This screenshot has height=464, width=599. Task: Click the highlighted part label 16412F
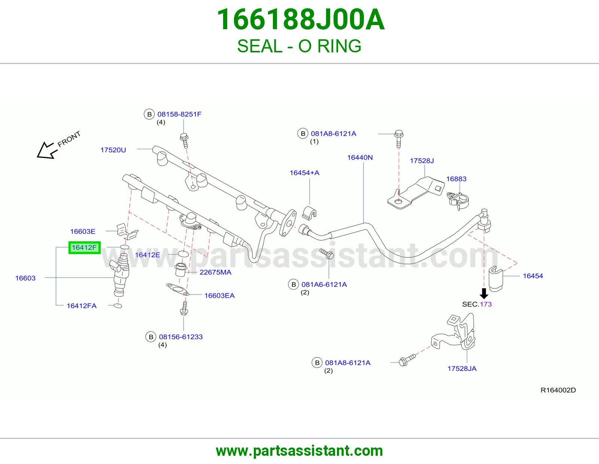(x=84, y=247)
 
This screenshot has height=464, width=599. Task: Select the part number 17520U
(x=113, y=150)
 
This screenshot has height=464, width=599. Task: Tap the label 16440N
(x=360, y=157)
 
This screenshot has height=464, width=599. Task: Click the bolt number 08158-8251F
(x=179, y=114)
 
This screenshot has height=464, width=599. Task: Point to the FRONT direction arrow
(x=47, y=150)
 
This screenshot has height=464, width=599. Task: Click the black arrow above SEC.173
(x=484, y=293)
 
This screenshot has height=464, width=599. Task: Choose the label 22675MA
(x=215, y=272)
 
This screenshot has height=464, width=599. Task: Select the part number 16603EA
(x=219, y=296)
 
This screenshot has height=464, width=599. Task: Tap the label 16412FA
(x=82, y=306)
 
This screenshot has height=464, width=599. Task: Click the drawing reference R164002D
(x=558, y=390)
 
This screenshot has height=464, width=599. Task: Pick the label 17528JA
(x=462, y=369)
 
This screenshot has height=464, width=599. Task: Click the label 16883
(x=456, y=179)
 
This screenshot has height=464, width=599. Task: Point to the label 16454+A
(x=304, y=173)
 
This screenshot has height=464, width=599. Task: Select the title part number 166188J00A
(x=301, y=19)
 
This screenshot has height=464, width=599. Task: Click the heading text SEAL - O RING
(x=299, y=46)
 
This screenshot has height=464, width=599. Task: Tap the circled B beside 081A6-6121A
(x=294, y=284)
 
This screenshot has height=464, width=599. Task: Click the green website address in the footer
(x=299, y=451)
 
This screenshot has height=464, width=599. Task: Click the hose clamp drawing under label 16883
(x=457, y=201)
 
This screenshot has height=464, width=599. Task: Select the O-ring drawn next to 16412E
(x=183, y=254)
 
